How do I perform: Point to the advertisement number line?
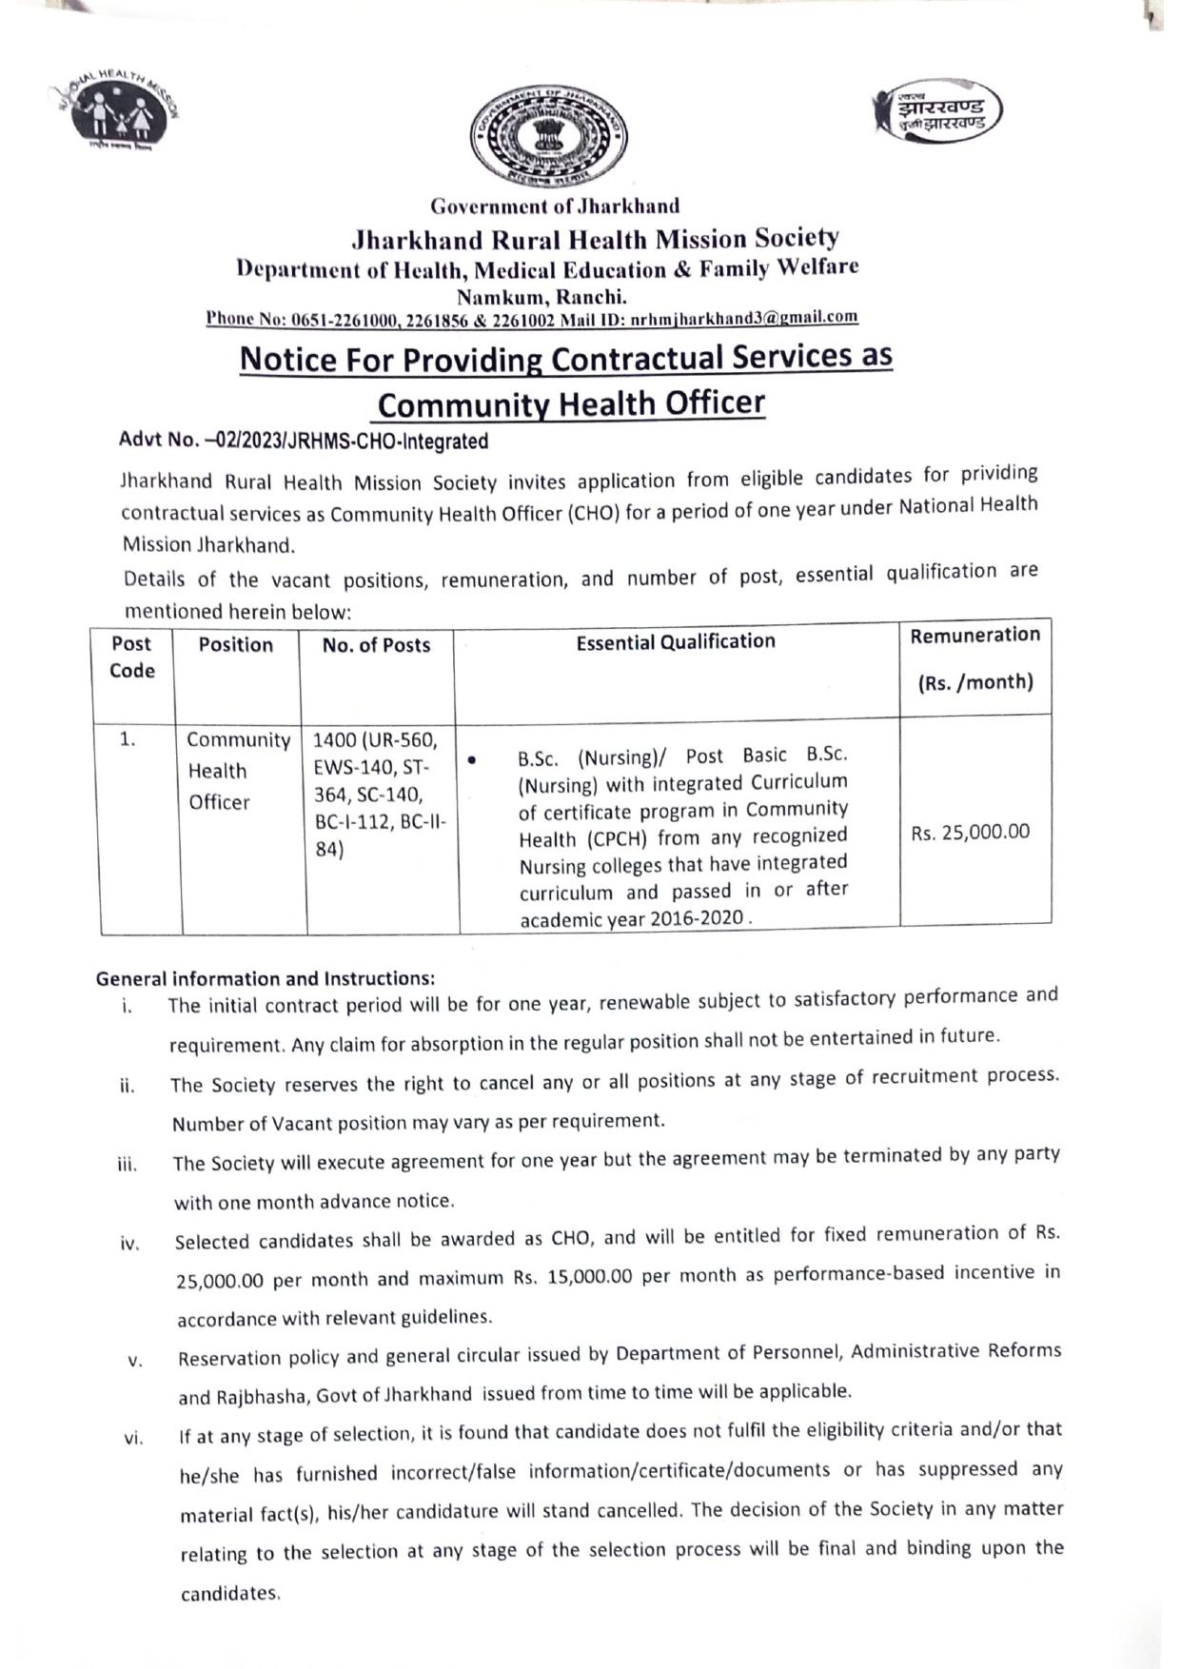click(303, 442)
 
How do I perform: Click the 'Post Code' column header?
click(131, 657)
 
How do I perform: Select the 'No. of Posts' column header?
click(376, 645)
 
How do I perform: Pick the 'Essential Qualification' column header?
click(676, 641)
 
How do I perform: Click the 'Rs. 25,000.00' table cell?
click(970, 832)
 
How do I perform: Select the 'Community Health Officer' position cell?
click(237, 771)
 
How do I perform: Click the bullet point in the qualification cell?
click(472, 760)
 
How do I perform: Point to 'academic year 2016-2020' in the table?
click(632, 920)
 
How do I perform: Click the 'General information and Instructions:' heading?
click(266, 978)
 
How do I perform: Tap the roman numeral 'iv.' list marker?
click(131, 1244)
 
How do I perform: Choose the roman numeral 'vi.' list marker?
click(133, 1439)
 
